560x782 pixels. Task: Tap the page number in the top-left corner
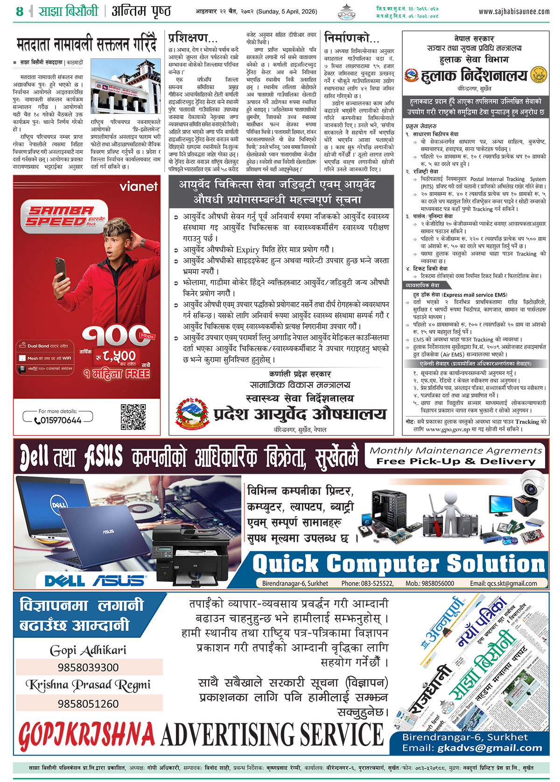(19, 11)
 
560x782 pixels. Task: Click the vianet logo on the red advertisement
(139, 187)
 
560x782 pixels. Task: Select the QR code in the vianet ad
(133, 417)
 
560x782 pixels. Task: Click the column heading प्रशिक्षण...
(192, 38)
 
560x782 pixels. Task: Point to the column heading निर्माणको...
(351, 38)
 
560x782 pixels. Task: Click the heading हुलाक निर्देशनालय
(474, 76)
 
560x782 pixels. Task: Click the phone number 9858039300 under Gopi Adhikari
(88, 667)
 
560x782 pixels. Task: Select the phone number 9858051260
(88, 704)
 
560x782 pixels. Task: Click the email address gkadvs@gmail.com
(490, 748)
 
